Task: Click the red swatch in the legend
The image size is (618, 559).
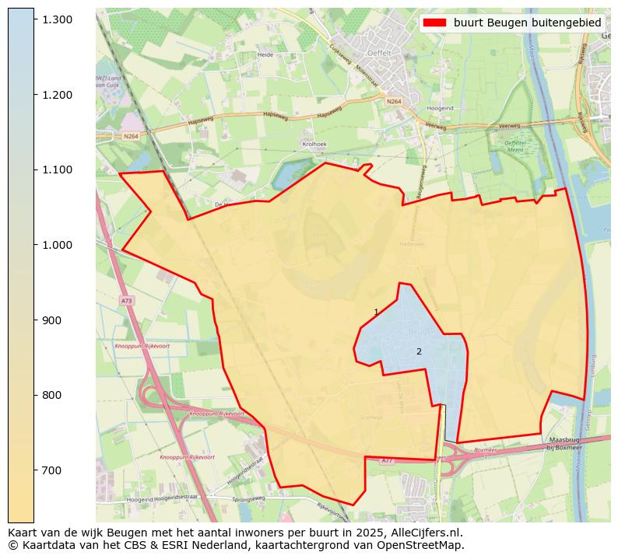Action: coord(435,23)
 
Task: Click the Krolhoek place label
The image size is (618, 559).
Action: coord(314,145)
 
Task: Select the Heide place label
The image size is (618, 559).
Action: coord(265,55)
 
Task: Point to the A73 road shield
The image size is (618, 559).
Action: coord(126,300)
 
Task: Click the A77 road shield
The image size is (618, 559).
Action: coord(387,461)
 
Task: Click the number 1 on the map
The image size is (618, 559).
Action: coord(376,312)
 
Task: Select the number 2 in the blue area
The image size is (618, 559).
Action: coord(419,351)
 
